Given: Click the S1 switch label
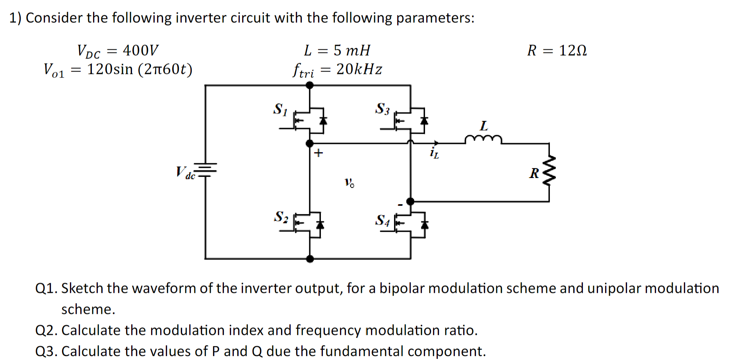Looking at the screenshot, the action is click(280, 109).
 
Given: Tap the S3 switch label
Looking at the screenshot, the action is click(382, 108).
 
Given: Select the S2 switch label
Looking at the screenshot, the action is click(281, 217).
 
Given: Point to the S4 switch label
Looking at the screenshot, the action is click(382, 220).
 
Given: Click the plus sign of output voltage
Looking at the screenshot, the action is click(318, 153).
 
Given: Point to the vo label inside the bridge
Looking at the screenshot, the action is click(349, 183).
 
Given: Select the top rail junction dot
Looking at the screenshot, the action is click(310, 85).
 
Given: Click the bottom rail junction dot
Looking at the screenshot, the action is click(310, 259).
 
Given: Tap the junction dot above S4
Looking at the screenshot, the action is click(410, 201).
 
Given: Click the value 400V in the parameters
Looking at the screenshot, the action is click(140, 50).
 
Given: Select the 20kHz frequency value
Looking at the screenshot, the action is click(359, 69).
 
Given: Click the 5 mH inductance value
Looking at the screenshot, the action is click(352, 50).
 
